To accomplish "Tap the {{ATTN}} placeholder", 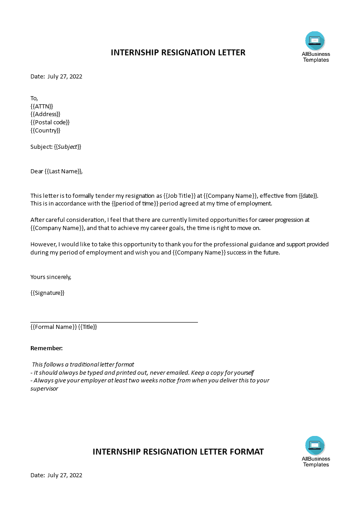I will tap(42, 106).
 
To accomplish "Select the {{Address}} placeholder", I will tap(45, 114).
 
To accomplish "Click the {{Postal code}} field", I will tap(50, 122).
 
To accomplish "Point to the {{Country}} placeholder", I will tap(45, 131).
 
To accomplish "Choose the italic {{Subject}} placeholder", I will tap(68, 147).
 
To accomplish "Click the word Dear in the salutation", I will tap(37, 171).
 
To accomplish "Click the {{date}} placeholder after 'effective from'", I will tap(309, 196).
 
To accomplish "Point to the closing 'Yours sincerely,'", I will tap(51, 277).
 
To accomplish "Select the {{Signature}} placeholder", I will tap(48, 293).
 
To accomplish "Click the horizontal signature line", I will tap(114, 322).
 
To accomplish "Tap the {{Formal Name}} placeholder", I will tap(54, 327).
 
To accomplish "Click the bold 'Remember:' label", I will tap(46, 348).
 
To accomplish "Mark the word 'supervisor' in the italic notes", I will tap(44, 389).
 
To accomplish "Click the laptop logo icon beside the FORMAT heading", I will tap(315, 445).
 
